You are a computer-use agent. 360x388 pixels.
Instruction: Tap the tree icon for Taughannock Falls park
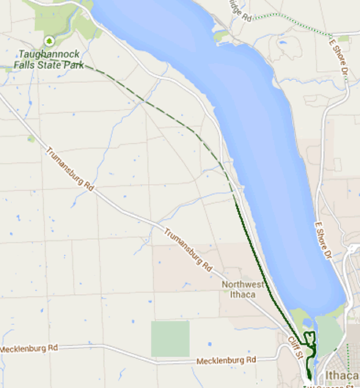pyautogui.click(x=49, y=40)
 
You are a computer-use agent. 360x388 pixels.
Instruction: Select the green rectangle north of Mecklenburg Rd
pyautogui.click(x=169, y=338)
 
